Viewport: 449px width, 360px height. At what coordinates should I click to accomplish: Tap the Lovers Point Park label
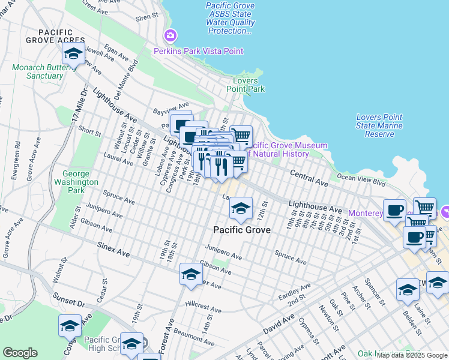[246, 85]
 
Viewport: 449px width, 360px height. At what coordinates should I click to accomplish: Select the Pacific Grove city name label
[242, 230]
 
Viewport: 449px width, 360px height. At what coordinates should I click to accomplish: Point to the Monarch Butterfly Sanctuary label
[37, 72]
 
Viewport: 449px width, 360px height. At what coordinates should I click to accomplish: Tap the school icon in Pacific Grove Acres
[73, 55]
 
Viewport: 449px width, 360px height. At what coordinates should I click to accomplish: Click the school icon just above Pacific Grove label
[241, 208]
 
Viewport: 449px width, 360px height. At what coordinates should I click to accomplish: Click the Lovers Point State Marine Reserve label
[379, 125]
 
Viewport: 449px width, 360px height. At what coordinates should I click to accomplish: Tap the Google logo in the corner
[20, 353]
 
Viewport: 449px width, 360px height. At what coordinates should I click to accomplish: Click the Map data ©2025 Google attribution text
[412, 355]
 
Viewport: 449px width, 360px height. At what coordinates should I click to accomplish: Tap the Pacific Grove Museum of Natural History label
[288, 149]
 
